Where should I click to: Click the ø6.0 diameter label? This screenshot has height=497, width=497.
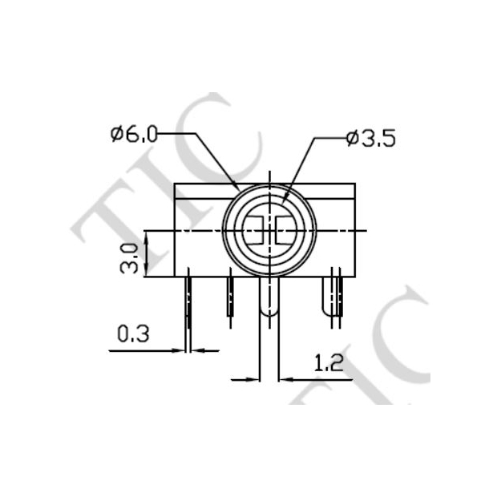(134, 134)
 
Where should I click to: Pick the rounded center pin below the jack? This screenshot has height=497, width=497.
(269, 301)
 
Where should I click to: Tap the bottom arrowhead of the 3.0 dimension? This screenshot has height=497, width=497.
(146, 270)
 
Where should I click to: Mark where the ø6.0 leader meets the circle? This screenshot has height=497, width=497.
(238, 190)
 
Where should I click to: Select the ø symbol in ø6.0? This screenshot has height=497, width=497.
(116, 134)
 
